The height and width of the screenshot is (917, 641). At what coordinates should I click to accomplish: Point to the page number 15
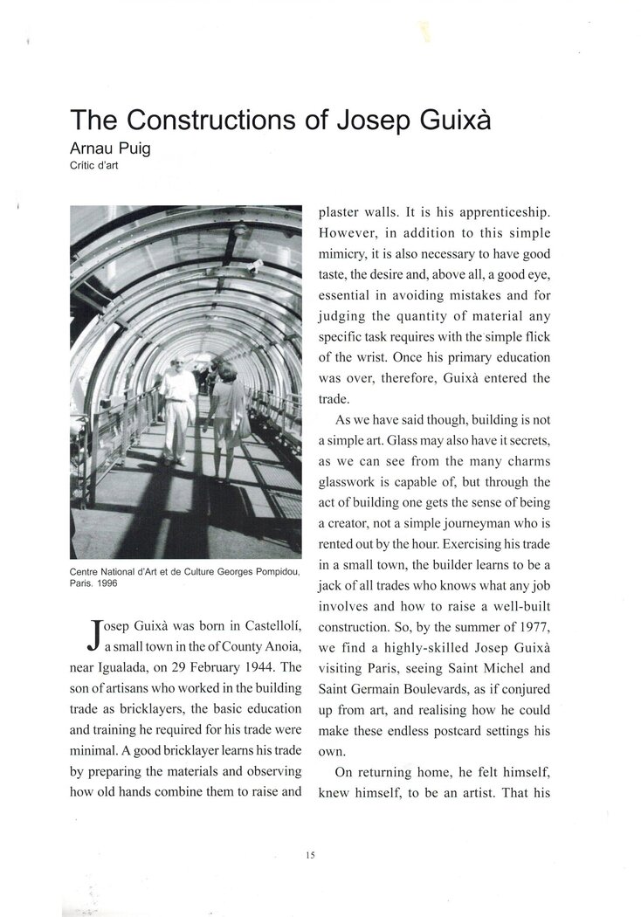coord(310,855)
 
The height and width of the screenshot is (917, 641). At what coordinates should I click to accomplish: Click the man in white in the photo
coord(177,406)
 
